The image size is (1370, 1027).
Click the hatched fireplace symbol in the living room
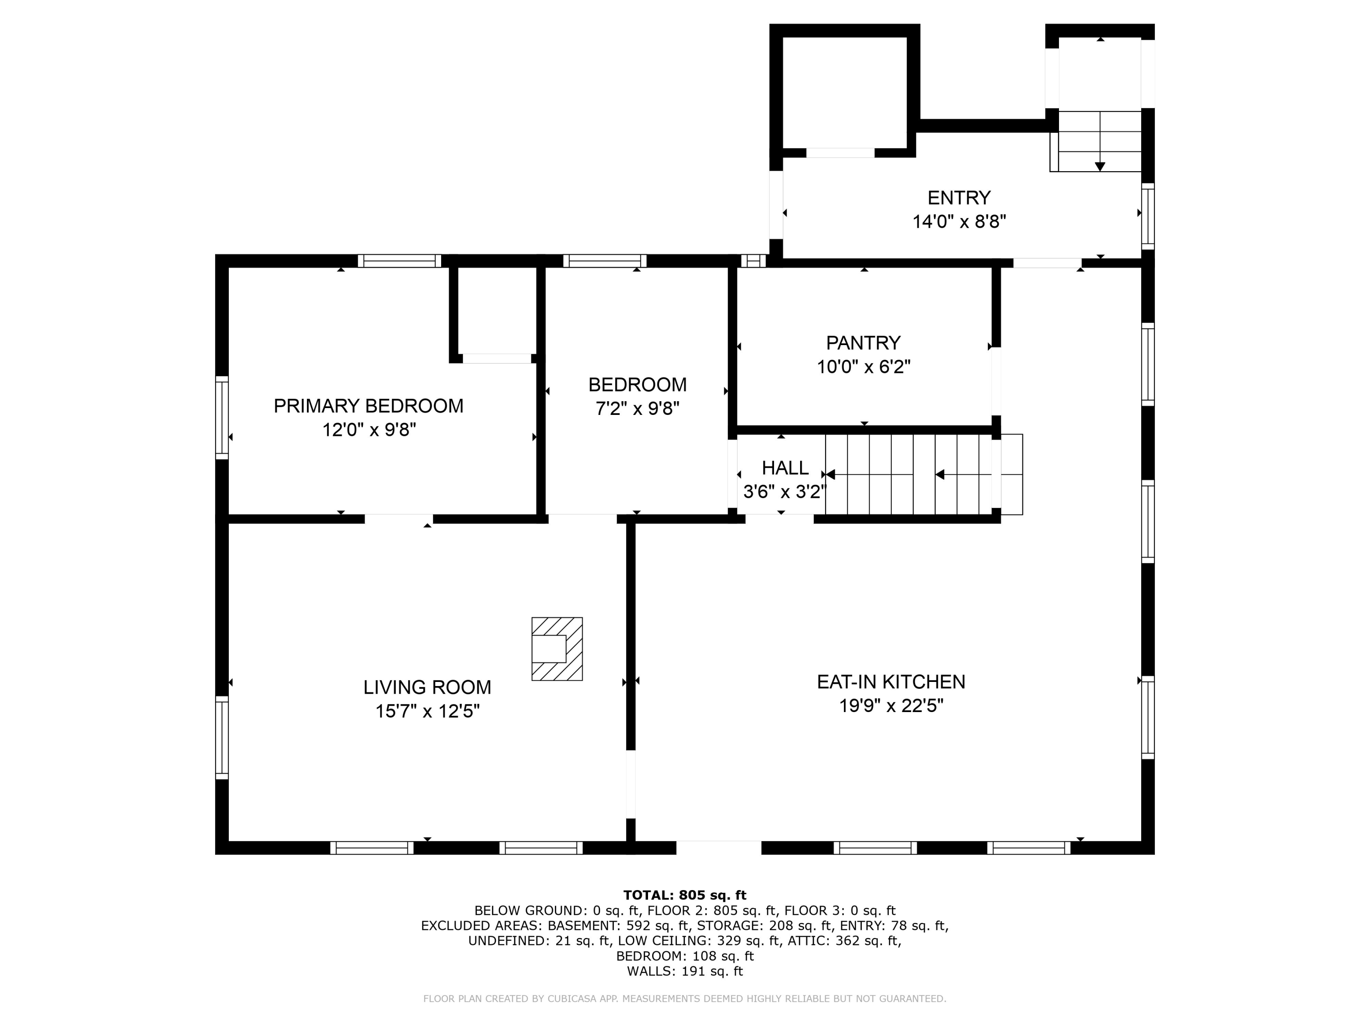pos(557,649)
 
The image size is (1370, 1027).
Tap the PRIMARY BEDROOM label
pos(369,406)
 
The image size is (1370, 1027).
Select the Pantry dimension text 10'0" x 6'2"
pos(864,367)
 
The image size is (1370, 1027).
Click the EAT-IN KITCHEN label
pos(890,681)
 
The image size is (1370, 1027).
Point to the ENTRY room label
pos(959,198)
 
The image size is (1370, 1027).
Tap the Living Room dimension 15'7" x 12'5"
pos(427,711)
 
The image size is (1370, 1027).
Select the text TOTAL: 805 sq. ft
pos(685,895)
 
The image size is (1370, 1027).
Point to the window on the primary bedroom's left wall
pos(222,418)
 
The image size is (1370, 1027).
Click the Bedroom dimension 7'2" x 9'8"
pos(638,409)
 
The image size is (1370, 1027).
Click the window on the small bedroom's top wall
pos(605,261)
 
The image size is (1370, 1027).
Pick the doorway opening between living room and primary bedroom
pos(398,519)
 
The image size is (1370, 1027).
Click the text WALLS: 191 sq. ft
pos(685,971)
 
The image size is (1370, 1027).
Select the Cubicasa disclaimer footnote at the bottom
pos(685,999)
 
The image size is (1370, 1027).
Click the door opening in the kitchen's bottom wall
pos(718,848)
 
